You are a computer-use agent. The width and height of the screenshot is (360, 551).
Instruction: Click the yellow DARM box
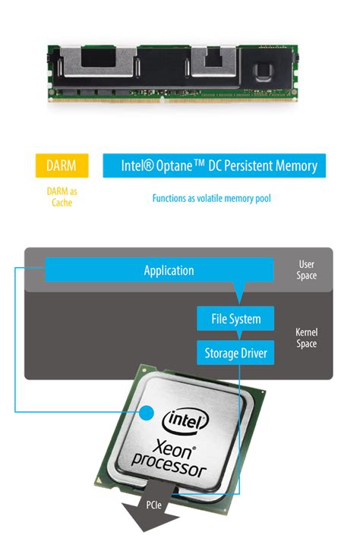62,165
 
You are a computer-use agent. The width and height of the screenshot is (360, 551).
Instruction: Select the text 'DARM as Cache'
62,197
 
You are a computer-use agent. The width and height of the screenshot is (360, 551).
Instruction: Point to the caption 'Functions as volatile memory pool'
211,198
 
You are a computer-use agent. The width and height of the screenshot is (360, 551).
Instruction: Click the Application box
169,270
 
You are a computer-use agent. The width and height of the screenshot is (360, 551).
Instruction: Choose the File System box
235,320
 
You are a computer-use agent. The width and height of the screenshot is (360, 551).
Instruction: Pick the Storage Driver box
235,353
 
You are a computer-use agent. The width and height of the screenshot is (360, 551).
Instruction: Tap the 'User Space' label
306,270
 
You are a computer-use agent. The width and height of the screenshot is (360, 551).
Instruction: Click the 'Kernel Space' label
306,338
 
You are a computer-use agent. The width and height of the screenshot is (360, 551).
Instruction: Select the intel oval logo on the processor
185,419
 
